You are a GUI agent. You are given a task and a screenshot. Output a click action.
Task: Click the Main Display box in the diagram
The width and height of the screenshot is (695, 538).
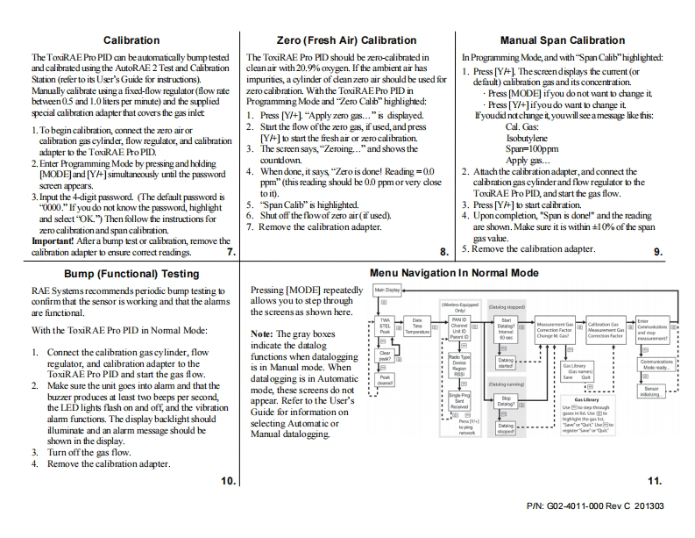pos(387,288)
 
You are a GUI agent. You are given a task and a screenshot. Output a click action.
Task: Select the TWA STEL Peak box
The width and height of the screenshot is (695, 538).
pos(385,327)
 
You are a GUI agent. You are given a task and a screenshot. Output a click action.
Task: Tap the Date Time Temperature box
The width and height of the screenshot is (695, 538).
pos(417,327)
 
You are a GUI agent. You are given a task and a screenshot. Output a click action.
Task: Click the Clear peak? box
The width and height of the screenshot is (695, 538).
pos(385,357)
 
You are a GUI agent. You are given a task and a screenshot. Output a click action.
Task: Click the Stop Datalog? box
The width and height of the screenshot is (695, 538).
pos(507,403)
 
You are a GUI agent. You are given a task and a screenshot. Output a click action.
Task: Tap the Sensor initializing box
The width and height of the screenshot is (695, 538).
pos(650,390)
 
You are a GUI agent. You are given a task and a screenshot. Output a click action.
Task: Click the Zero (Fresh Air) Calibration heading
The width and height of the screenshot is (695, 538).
pos(345,40)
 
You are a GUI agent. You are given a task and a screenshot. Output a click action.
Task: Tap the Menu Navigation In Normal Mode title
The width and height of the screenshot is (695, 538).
pos(454,273)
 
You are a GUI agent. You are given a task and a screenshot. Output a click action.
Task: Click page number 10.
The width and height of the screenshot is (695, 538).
pos(227,481)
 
